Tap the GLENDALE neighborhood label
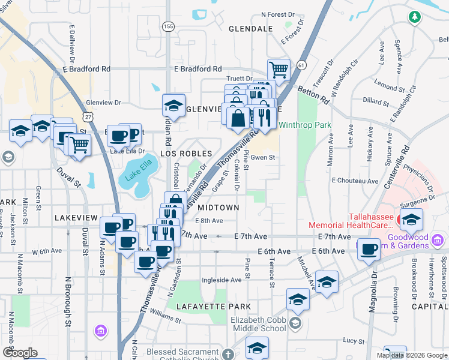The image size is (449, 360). [x=250, y=29]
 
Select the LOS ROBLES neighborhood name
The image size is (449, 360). [x=186, y=154]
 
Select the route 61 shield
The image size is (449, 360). [x=301, y=64]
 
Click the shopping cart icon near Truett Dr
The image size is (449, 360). [x=279, y=70]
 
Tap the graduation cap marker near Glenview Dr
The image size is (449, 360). [x=173, y=105]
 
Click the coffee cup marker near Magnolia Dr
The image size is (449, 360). [x=369, y=248]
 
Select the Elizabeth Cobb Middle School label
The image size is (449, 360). [x=259, y=324]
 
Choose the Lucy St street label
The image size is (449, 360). [x=350, y=340]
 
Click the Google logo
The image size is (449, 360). [x=20, y=353]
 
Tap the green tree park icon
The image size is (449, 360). [x=414, y=17]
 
